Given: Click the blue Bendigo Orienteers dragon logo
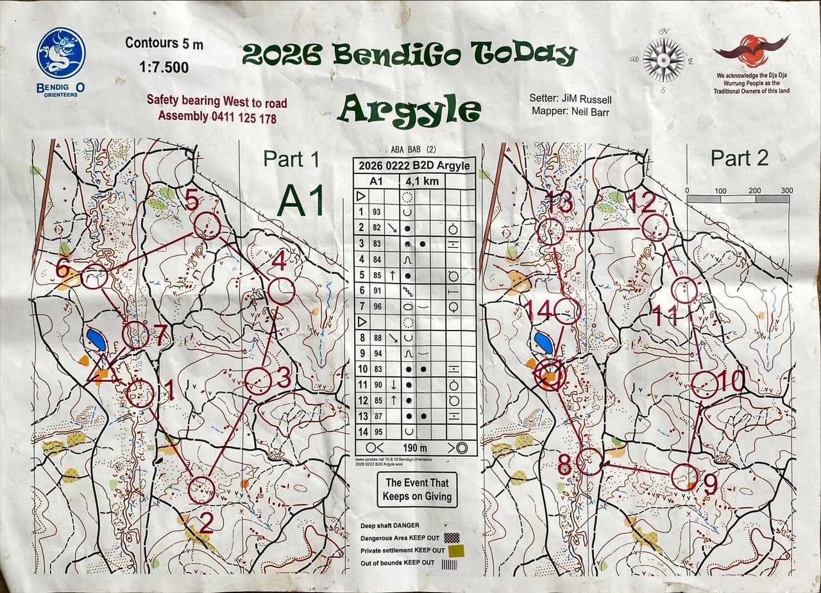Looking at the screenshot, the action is tap(61, 53).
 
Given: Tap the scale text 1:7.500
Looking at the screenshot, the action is tap(164, 67).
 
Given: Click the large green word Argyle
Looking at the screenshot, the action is tap(410, 108).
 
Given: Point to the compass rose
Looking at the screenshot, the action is tap(664, 60).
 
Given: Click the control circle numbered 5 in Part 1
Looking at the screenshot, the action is tap(207, 225).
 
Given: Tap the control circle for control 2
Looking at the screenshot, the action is tap(201, 490).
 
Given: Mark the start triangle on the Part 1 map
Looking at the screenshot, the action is tap(102, 369).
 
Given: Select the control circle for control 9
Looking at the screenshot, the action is tap(684, 476).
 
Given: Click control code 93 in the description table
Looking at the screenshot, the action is tap(376, 212).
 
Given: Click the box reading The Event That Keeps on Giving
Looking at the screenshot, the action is tap(416, 489).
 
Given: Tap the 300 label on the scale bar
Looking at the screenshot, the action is tap(787, 191).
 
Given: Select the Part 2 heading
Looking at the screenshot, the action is tap(739, 158).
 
